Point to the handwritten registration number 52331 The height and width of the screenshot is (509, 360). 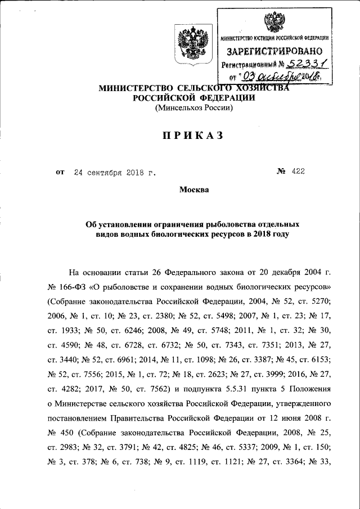click(x=300, y=64)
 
